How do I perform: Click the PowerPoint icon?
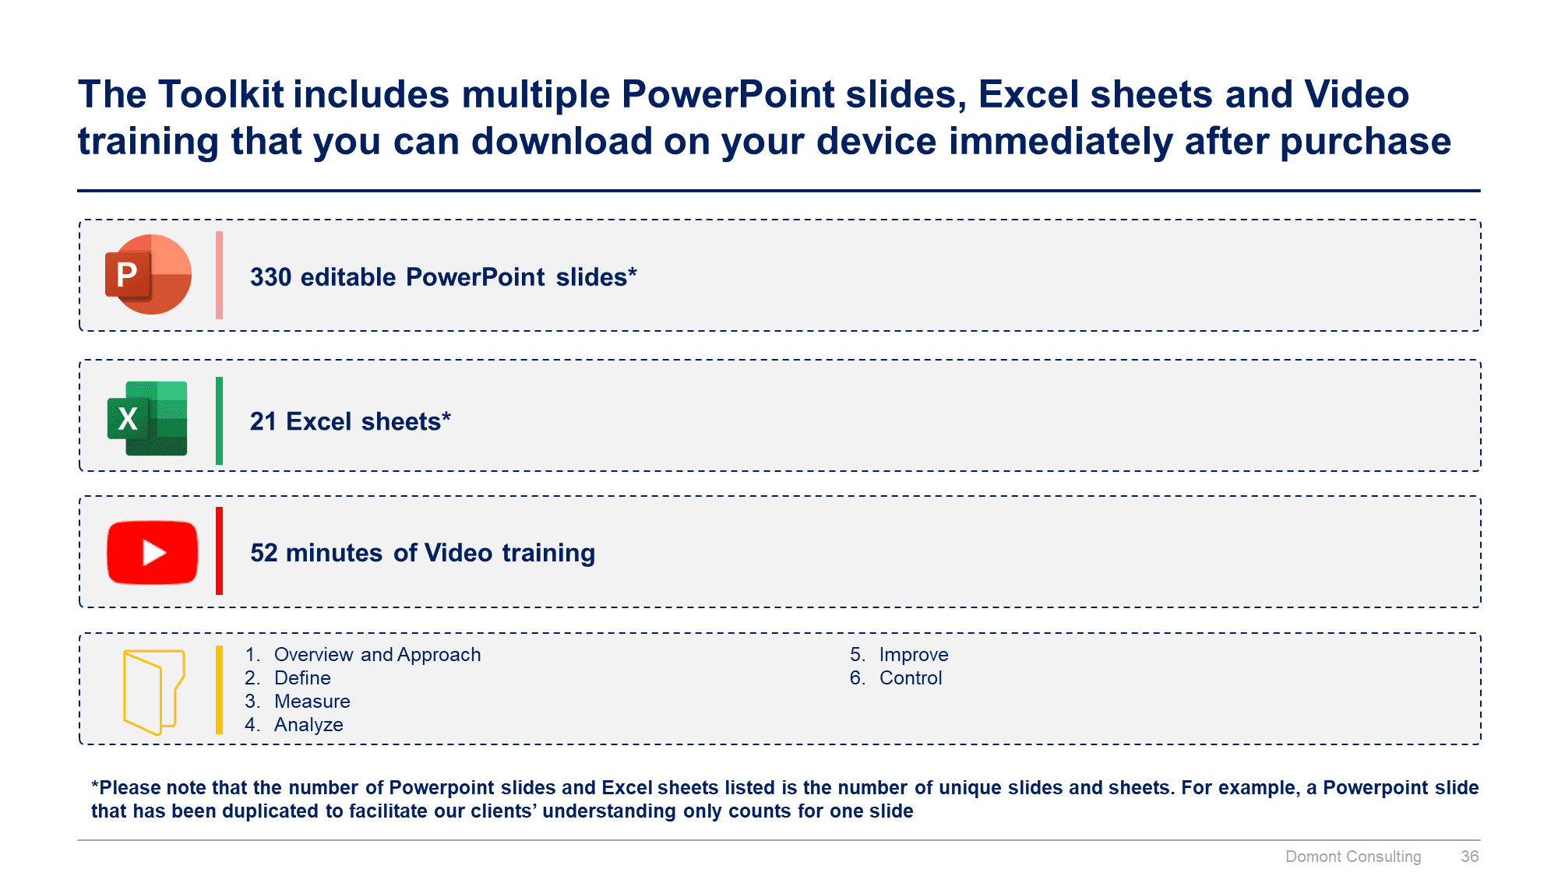[148, 275]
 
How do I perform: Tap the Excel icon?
[147, 418]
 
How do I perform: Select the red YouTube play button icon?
[153, 552]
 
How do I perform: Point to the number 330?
[270, 277]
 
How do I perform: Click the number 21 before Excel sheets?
[263, 421]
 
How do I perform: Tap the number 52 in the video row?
[263, 553]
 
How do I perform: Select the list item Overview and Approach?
[377, 655]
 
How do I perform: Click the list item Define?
[302, 678]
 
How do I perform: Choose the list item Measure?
[312, 702]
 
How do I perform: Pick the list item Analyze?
[308, 725]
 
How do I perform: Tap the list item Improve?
[913, 655]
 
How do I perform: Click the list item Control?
[910, 678]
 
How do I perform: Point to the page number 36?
[1469, 857]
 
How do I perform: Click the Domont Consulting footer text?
[1352, 857]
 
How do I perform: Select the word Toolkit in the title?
[221, 95]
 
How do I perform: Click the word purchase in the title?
[1365, 142]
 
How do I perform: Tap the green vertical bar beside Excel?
[219, 420]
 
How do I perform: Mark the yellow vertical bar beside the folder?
[219, 690]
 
